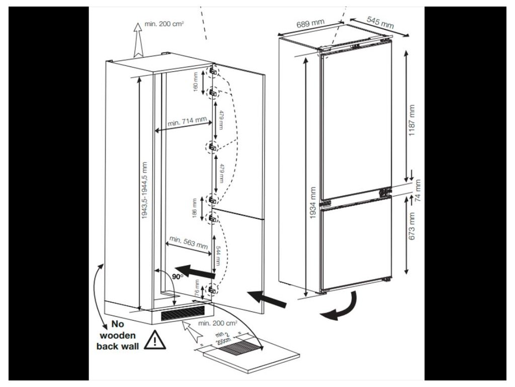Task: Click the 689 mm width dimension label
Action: [310, 25]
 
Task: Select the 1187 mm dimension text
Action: [412, 120]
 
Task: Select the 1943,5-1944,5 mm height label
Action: [145, 190]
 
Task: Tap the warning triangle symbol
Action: [155, 340]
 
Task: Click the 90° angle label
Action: [176, 277]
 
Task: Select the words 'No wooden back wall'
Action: [117, 335]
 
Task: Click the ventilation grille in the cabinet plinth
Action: [183, 314]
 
